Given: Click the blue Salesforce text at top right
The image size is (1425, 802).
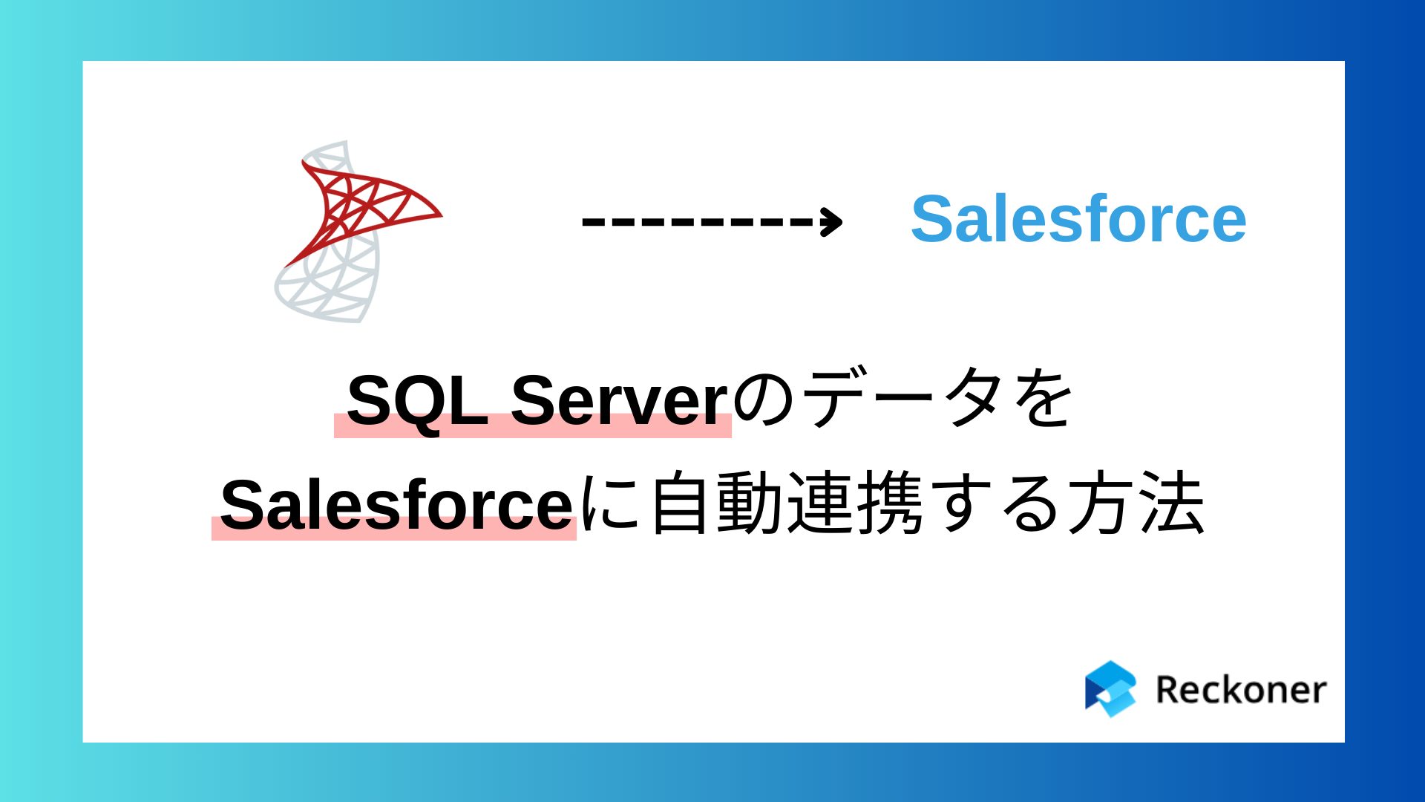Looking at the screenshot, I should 1078,219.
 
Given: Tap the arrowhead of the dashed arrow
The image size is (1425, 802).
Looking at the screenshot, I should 832,221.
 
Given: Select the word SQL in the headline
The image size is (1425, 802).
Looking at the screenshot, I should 416,401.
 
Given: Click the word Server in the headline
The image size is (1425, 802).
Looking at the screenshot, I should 619,401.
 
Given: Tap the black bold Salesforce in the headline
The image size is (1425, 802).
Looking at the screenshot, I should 396,505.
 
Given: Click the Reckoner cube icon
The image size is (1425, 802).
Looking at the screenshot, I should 1110,689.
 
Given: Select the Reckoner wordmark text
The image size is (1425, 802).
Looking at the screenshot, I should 1240,690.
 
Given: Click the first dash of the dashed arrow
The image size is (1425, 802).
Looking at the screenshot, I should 592,221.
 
